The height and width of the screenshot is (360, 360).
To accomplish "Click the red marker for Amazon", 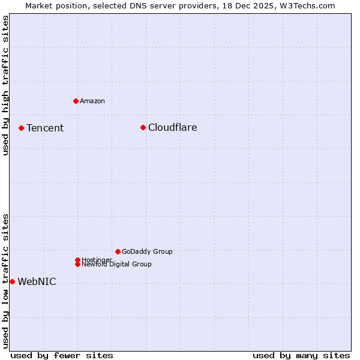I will pos(76,101).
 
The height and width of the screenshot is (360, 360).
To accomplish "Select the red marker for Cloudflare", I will pos(143,127).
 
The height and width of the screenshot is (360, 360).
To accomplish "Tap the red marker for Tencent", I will pos(21,128).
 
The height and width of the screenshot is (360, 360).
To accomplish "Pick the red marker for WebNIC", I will pos(12,281).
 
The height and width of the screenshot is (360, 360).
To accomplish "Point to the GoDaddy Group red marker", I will pos(118,251).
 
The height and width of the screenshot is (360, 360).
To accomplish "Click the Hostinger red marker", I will pos(77,260).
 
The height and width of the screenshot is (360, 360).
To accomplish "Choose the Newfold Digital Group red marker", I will pos(77,264).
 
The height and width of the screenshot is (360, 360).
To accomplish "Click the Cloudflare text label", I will pos(172,127).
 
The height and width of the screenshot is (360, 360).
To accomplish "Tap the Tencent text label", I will pos(45,128).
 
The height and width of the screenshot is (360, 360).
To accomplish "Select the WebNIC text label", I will pos(37,282).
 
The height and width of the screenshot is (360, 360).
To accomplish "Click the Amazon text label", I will pos(92,101).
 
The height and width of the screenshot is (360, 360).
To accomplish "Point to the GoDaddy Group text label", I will pos(147,251).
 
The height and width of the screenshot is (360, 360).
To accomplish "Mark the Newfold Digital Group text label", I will pos(116,264).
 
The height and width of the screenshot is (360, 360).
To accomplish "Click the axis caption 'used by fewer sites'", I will pos(62,355).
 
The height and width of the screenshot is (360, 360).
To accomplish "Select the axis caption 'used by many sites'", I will pos(301,355).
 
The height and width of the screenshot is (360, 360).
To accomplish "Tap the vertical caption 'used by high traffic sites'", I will pos(5,85).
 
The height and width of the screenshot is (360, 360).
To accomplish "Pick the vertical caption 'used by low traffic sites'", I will pos(5,280).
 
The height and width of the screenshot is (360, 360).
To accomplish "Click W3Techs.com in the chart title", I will pos(309,5).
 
